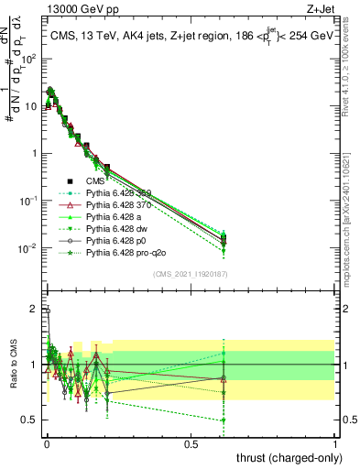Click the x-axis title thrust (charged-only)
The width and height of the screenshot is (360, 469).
click(286, 457)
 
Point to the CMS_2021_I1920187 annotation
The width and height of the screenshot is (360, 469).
click(191, 273)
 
